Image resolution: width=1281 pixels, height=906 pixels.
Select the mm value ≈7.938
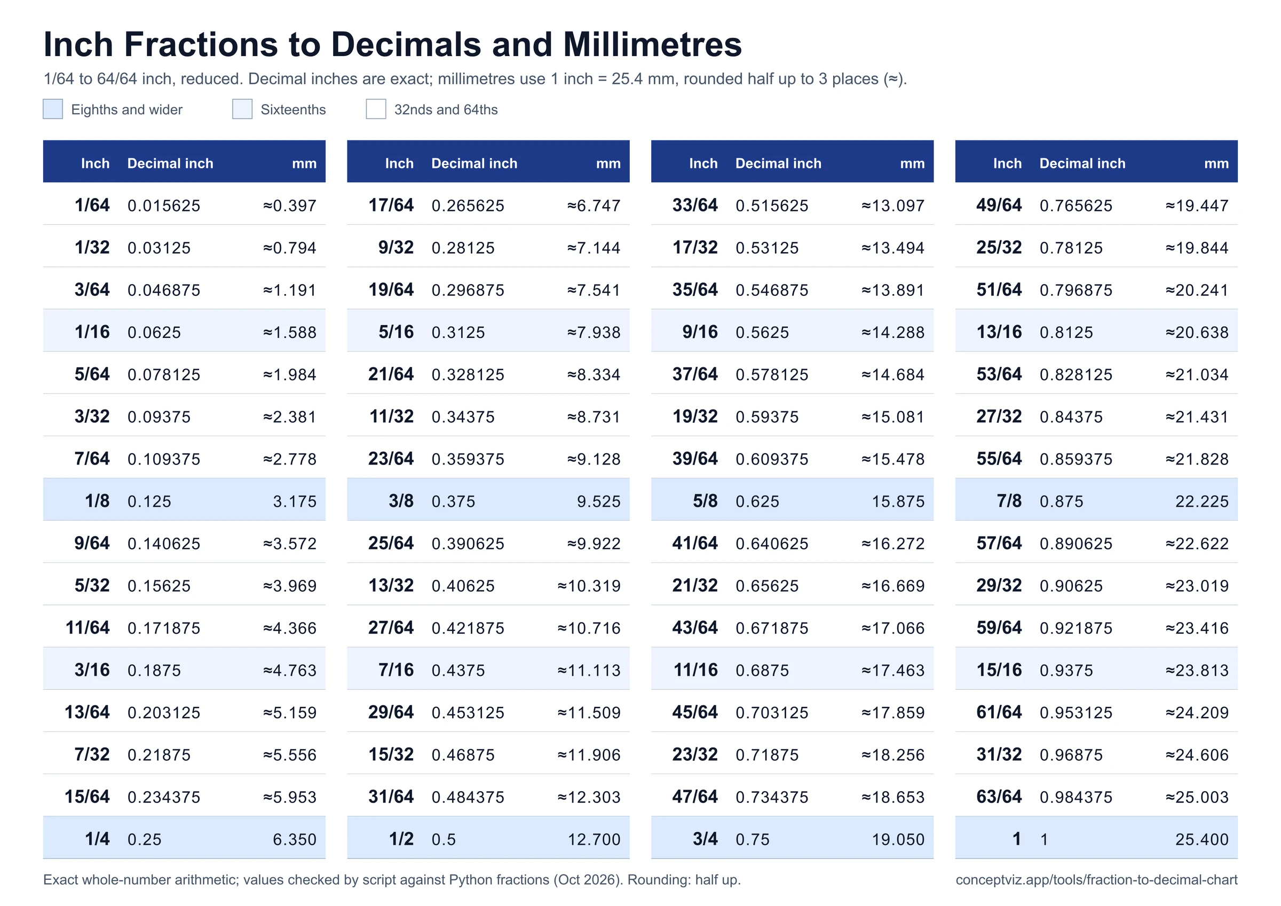coord(594,332)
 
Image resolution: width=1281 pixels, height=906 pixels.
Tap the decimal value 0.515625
coord(772,206)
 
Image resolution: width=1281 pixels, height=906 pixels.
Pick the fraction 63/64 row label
coord(999,797)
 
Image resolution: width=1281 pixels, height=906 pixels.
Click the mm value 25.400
coord(1202,839)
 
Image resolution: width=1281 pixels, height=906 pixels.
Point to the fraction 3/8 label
coord(401,501)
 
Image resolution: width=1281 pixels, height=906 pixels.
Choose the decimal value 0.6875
coord(762,670)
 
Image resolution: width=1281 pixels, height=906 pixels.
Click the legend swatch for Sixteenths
coord(242,109)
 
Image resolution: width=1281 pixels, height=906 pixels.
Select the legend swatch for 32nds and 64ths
coord(376,109)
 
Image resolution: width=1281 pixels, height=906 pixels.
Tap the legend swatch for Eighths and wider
coord(53,109)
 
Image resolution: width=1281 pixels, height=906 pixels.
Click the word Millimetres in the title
coord(652,44)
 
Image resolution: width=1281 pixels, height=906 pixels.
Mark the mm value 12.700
coord(594,839)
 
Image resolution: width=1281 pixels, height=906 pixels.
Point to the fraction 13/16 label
coord(999,332)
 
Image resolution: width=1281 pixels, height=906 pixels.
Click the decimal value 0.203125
coord(163,712)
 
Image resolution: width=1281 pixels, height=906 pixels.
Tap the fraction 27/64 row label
coord(391,627)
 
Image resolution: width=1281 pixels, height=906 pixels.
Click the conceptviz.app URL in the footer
coord(1096,880)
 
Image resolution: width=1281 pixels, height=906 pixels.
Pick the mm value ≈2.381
coord(290,416)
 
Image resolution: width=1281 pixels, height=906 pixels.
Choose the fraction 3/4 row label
coord(705,839)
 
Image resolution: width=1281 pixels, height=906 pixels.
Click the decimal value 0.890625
coord(1076,543)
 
